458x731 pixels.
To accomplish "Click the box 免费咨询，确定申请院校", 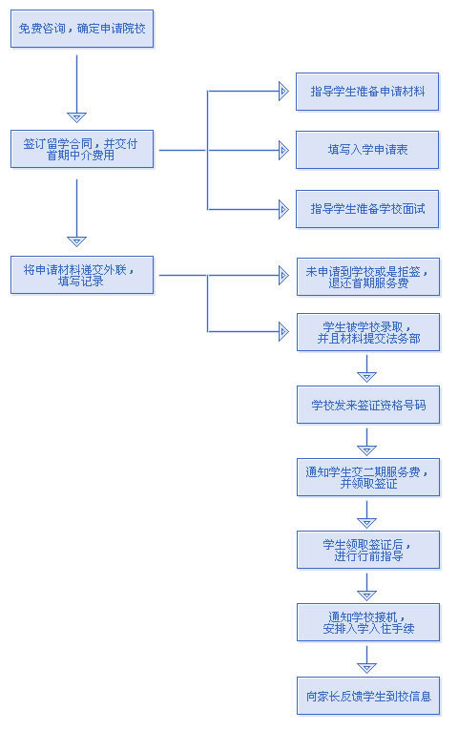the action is [x=82, y=29].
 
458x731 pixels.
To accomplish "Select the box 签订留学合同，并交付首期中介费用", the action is [x=82, y=149].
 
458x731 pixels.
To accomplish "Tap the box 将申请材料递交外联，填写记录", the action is [x=82, y=275].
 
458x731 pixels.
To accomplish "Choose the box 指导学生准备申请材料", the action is [x=367, y=92].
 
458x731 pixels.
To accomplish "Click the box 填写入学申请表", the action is [x=367, y=150].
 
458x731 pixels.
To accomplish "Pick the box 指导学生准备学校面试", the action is [x=367, y=209].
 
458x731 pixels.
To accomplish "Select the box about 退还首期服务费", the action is [x=368, y=277].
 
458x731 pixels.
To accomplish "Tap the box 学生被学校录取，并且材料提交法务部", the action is [x=368, y=332].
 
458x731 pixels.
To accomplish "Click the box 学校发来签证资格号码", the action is [x=368, y=405].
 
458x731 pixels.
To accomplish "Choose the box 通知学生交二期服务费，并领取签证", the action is [x=368, y=477].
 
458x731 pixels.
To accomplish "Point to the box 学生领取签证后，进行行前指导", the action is [x=368, y=550].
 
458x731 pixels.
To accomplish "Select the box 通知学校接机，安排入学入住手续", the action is [x=368, y=622].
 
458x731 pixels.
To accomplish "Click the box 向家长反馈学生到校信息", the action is [x=368, y=696].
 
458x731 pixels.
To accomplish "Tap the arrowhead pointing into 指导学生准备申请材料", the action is [x=283, y=91].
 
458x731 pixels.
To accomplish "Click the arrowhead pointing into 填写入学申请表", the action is [x=283, y=150].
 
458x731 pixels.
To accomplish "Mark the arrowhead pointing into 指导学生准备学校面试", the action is [x=283, y=209].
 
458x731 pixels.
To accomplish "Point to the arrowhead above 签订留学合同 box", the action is [x=77, y=117].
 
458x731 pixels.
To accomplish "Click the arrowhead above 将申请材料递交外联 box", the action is [x=77, y=241].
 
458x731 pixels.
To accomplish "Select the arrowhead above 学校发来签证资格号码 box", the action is [x=366, y=377].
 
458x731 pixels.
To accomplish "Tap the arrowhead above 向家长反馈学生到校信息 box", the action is [x=366, y=668].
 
